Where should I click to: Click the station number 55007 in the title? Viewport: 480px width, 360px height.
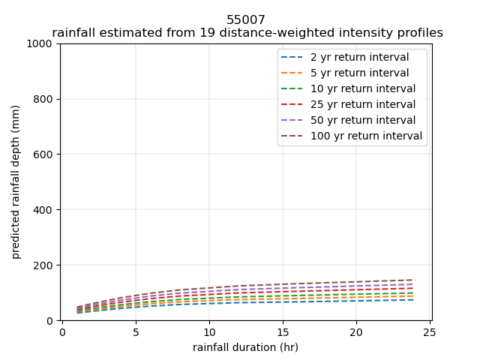246,20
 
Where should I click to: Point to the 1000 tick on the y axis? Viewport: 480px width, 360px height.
42,43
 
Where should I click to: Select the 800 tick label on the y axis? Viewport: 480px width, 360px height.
45,99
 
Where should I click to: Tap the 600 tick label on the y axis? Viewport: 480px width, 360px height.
45,154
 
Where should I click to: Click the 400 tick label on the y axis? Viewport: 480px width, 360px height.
45,210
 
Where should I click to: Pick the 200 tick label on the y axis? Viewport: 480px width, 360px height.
45,265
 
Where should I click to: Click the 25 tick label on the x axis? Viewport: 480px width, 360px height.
429,332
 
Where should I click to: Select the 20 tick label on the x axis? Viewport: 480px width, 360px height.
355,332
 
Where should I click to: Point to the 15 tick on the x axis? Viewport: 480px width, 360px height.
282,332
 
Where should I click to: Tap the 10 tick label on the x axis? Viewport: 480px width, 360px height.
208,332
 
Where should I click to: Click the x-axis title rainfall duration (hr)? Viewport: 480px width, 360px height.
245,347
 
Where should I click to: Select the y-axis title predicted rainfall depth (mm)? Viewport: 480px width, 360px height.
16,182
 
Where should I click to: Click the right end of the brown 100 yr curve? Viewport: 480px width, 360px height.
414,280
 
